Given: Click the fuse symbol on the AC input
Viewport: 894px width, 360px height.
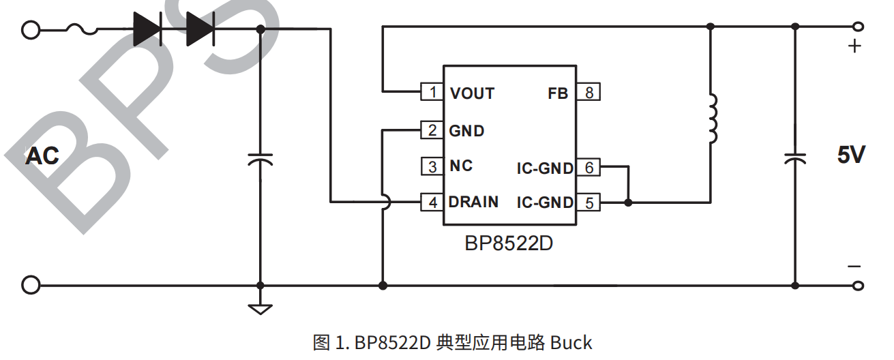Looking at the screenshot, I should point(82,29).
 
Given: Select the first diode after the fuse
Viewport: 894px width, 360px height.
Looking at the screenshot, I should point(147,29).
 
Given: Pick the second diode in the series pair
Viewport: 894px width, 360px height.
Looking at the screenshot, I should point(200,29).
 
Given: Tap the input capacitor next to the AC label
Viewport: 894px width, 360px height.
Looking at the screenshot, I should point(260,160).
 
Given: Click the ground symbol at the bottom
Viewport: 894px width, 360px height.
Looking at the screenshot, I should point(260,308).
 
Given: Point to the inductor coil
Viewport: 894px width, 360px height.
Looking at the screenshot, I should point(712,119).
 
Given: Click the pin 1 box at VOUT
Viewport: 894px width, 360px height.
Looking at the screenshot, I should point(432,92).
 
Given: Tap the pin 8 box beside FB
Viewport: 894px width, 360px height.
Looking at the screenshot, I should point(588,92).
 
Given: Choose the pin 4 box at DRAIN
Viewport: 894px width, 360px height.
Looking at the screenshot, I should point(432,202).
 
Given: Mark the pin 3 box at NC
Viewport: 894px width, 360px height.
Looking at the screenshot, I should point(432,166).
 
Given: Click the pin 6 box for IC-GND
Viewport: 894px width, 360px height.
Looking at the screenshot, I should point(588,167).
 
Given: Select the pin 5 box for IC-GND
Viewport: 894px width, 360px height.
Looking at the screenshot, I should point(588,202).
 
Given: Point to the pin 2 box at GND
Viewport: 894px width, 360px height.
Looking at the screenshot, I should point(432,130).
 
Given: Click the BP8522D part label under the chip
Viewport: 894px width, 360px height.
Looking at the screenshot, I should point(509,243).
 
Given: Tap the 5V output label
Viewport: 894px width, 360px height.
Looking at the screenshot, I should point(851,155).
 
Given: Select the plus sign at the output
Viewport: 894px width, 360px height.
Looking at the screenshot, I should point(854,47).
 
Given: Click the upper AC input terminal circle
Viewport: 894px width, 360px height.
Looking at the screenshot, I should point(31,29).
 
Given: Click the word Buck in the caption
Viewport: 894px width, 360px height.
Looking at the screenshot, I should point(571,342).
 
